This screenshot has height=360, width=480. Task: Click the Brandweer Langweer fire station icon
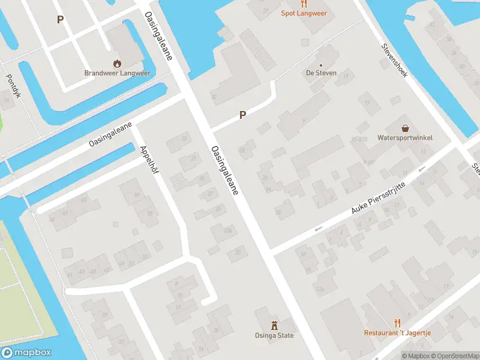click(x=117, y=62)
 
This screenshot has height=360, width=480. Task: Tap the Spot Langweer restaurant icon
click(x=304, y=3)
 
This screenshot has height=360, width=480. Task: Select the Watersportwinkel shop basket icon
click(x=406, y=128)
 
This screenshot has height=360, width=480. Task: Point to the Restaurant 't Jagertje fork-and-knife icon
click(x=397, y=323)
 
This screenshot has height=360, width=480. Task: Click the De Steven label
click(x=321, y=73)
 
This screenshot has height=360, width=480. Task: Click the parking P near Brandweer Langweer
click(x=59, y=20)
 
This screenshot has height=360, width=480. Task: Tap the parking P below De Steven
click(x=243, y=115)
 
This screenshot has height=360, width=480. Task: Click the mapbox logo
click(x=26, y=353)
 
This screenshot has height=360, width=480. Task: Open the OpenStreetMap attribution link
click(x=451, y=356)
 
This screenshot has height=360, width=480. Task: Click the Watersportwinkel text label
click(x=405, y=138)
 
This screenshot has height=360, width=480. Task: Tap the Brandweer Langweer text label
click(x=117, y=73)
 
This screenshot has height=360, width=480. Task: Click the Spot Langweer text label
click(x=304, y=13)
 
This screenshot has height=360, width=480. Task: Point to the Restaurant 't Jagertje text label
click(x=397, y=333)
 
